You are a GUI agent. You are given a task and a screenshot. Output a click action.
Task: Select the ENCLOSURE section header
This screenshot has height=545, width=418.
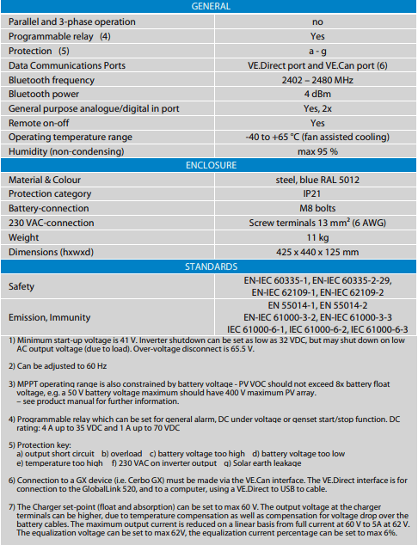click(209, 166)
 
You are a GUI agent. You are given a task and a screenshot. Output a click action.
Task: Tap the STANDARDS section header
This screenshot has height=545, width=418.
click(209, 267)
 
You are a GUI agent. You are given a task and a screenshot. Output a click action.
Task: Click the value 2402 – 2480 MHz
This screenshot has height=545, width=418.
click(317, 79)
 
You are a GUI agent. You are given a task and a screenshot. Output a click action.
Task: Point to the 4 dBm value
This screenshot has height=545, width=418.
click(317, 94)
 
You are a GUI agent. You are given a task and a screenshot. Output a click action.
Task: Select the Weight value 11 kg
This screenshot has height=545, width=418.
click(317, 238)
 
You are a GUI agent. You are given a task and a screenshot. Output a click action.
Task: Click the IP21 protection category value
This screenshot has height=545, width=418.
click(317, 194)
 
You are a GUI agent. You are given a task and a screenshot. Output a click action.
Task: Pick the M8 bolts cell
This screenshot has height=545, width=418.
click(317, 209)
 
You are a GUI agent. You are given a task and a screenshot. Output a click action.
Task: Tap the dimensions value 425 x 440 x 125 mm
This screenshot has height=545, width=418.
click(317, 253)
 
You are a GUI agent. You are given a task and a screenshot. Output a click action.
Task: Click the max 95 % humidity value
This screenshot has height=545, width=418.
click(317, 151)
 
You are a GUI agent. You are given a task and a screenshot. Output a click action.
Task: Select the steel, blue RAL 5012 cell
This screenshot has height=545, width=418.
click(317, 180)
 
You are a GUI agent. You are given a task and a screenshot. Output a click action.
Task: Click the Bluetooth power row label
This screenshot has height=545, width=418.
click(44, 94)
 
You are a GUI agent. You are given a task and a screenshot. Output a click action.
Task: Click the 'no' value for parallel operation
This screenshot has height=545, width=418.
click(317, 21)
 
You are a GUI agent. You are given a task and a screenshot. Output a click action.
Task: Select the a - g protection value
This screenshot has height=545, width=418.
click(317, 51)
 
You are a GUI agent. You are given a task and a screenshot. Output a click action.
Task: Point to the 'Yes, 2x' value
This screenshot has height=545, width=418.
click(317, 108)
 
